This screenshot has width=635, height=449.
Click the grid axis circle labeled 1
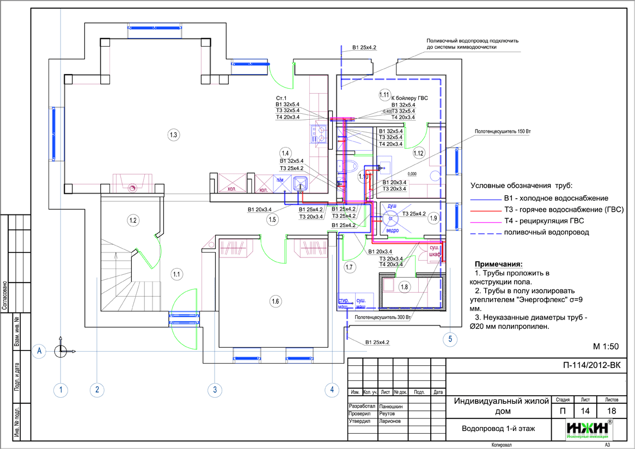(62, 389)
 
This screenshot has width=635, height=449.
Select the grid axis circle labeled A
(39, 352)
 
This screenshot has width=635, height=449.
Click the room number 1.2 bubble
(133, 220)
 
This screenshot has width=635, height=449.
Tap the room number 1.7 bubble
(350, 267)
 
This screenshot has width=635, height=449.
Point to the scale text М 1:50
(606, 346)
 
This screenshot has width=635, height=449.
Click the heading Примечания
(498, 264)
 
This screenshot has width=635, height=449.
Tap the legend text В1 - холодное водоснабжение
(555, 198)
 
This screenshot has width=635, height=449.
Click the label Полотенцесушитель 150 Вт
(502, 132)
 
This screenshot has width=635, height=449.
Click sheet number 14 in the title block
(585, 411)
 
